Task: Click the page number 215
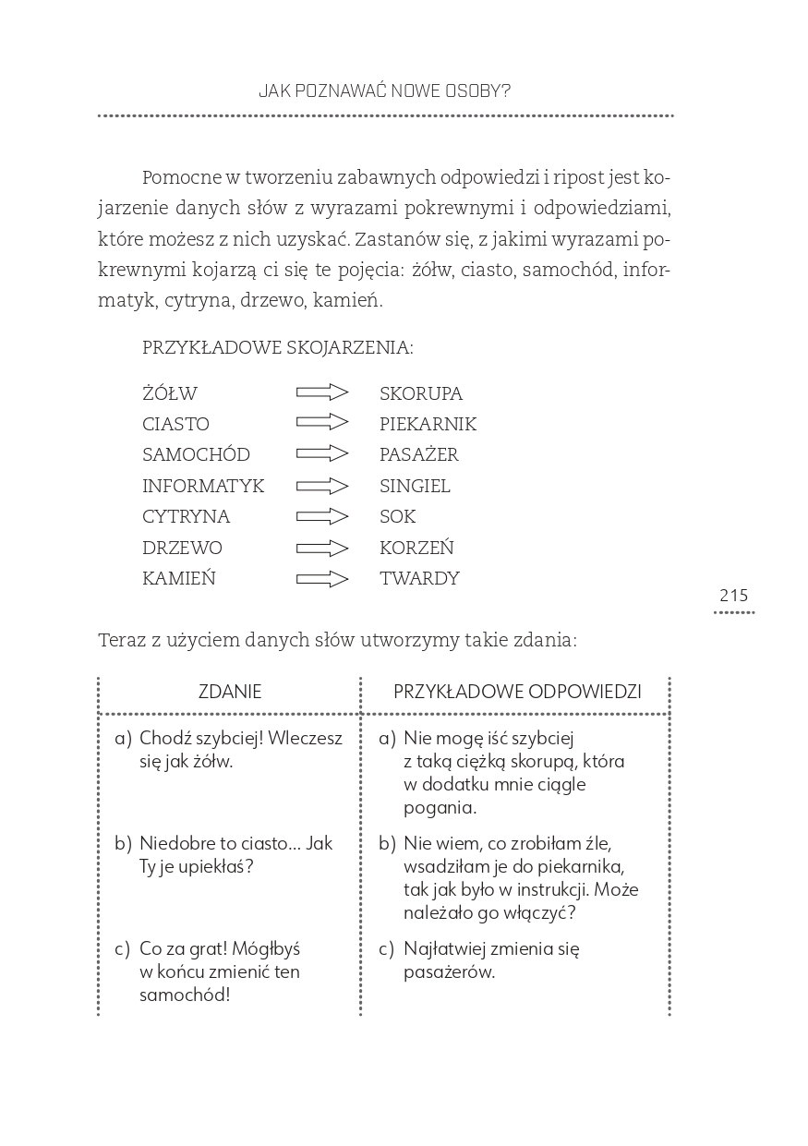pyautogui.click(x=734, y=596)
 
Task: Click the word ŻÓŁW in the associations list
pyautogui.click(x=170, y=394)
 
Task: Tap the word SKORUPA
pyautogui.click(x=421, y=394)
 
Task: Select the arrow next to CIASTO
pyautogui.click(x=322, y=423)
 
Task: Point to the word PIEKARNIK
pyautogui.click(x=428, y=425)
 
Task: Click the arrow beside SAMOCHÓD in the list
pyautogui.click(x=322, y=453)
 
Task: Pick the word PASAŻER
pyautogui.click(x=419, y=455)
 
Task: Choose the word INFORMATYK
pyautogui.click(x=203, y=486)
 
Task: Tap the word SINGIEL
pyautogui.click(x=415, y=486)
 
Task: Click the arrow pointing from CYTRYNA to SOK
pyautogui.click(x=322, y=516)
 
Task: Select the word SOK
pyautogui.click(x=398, y=517)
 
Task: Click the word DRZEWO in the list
pyautogui.click(x=182, y=548)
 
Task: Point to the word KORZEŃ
pyautogui.click(x=416, y=548)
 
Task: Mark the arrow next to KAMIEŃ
pyautogui.click(x=322, y=579)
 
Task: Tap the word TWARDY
pyautogui.click(x=419, y=579)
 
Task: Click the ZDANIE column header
pyautogui.click(x=230, y=692)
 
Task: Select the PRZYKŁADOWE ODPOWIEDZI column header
pyautogui.click(x=517, y=692)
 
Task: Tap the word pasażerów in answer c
pyautogui.click(x=449, y=971)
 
